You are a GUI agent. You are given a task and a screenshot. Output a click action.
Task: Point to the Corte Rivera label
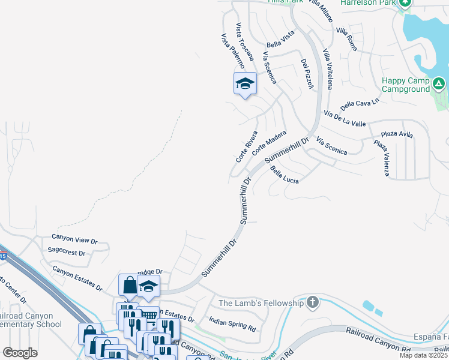tap(247, 147)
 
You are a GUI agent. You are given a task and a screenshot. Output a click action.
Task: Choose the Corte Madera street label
tap(270, 143)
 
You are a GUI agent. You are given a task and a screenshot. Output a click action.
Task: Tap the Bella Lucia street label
tap(285, 175)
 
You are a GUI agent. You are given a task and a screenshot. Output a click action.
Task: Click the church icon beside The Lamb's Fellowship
tap(312, 302)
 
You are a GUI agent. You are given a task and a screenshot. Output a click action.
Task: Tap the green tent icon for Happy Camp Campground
tap(439, 83)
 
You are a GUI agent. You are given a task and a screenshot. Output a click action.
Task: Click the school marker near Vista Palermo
tap(245, 83)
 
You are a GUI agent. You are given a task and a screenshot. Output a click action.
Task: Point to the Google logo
tap(20, 352)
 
